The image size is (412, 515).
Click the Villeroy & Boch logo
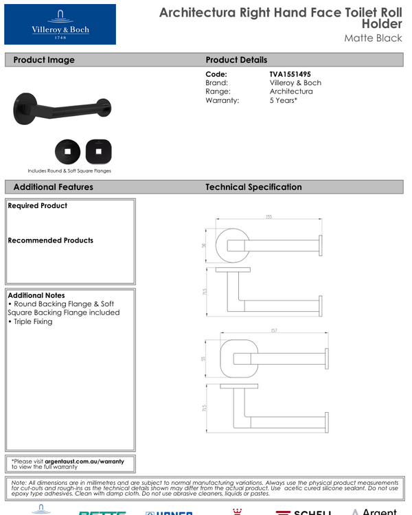coord(60,24)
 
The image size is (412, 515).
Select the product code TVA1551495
coord(295,74)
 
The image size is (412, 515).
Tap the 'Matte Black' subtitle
coord(373,38)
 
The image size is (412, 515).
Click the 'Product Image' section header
coord(44,60)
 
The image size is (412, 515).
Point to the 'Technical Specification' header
coord(253,187)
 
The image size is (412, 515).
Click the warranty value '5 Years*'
coord(283,100)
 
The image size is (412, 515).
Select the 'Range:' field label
coord(218,91)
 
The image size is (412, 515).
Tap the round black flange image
coord(67,151)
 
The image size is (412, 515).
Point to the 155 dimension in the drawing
coord(268,217)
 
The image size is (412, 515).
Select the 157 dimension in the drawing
coord(273,331)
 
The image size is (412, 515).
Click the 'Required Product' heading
coord(38,205)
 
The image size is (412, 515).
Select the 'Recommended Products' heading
coord(50,240)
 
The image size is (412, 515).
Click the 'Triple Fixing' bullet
coord(32,321)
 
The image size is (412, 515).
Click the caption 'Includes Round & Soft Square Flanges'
coord(69,170)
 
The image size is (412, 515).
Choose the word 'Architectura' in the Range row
coord(290,91)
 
